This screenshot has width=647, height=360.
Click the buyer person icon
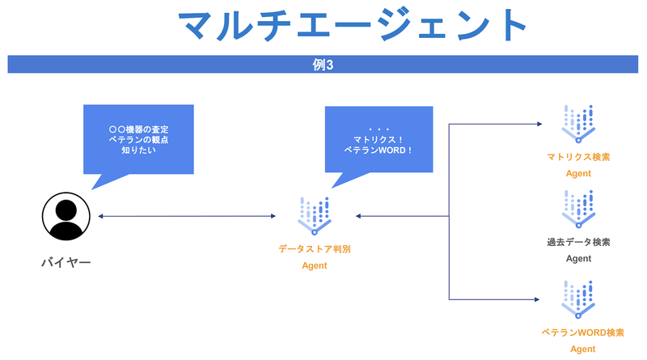click(66, 216)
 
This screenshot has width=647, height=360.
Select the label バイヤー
click(66, 262)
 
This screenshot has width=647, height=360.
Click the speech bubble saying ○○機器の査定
click(138, 138)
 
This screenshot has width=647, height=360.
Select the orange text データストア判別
click(315, 249)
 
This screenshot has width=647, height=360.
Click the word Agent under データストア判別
click(315, 265)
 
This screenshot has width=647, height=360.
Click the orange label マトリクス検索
click(578, 156)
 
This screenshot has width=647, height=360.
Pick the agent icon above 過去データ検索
click(578, 209)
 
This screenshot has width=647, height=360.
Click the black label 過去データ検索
click(578, 242)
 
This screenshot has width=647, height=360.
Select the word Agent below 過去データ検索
click(578, 259)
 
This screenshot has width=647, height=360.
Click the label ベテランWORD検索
click(578, 332)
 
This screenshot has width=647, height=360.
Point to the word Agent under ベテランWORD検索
click(578, 349)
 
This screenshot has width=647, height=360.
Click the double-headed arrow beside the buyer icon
click(187, 216)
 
